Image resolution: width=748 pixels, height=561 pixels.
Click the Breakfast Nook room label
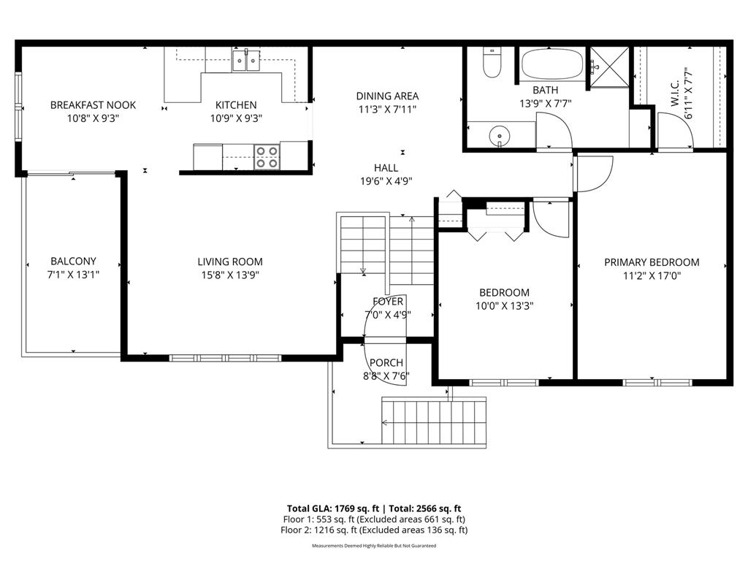[93, 105]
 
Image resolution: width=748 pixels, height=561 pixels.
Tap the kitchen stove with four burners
[267, 156]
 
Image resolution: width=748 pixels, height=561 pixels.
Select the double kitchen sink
[247, 61]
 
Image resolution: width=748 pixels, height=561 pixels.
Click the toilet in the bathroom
[492, 64]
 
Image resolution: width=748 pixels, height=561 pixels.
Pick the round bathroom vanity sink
[499, 135]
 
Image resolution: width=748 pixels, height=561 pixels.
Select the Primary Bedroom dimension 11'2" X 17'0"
[652, 276]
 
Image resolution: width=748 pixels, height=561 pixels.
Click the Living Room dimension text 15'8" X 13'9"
[230, 275]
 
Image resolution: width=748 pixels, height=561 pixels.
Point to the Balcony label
[73, 261]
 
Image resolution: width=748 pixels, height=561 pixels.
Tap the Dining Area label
[387, 96]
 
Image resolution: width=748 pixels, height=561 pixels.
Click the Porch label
[386, 363]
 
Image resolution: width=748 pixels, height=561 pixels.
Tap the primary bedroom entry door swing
[593, 173]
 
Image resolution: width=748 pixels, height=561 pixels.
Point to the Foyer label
[387, 301]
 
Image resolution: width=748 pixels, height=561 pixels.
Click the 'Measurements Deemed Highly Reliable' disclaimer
[374, 546]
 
